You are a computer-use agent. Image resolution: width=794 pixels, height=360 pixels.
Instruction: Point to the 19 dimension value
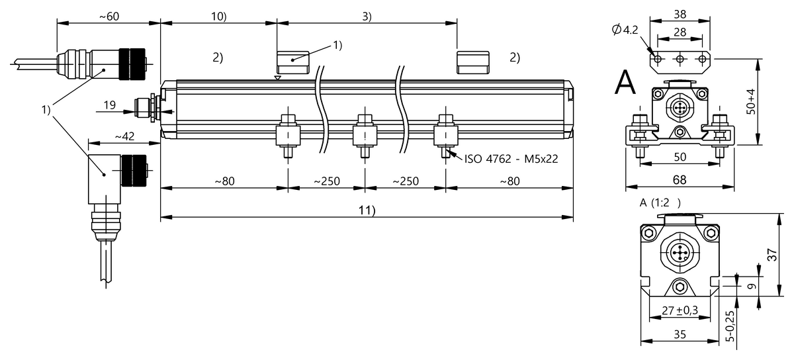point(110,105)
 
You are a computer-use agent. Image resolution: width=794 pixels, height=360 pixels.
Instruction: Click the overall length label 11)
point(365,210)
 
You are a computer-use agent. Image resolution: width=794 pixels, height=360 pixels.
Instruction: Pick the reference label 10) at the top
point(218,17)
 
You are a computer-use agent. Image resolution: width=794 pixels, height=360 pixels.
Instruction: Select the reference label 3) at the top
point(366,17)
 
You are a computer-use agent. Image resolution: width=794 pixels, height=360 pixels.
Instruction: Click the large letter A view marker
point(625,83)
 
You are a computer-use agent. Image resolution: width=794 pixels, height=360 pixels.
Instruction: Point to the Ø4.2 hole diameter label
point(626,29)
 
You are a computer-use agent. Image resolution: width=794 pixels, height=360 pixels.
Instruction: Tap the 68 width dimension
point(680,180)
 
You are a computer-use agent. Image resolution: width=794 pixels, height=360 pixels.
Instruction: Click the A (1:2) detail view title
point(660,203)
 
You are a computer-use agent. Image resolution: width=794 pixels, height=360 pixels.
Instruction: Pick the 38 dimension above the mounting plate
point(680,13)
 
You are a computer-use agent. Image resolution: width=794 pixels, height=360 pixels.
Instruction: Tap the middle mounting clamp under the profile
point(365,136)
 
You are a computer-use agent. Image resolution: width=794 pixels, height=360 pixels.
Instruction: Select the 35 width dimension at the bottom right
point(680,336)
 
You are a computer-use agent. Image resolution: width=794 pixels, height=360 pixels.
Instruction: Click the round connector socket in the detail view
point(680,252)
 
